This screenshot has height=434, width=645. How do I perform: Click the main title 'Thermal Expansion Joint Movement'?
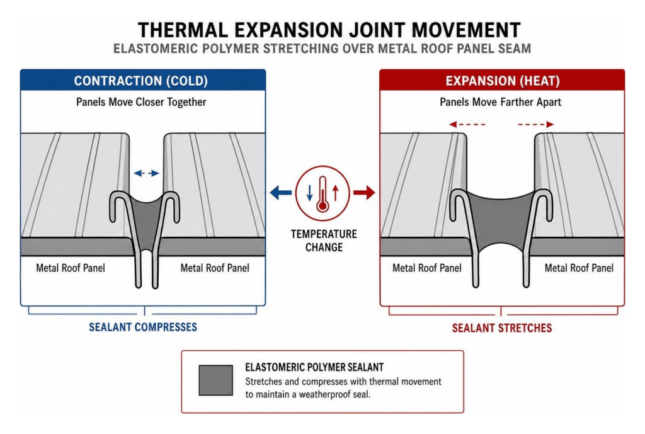point(329,30)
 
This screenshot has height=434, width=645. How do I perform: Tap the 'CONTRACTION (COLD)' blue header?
point(143,80)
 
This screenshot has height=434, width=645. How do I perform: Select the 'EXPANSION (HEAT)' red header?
point(502,80)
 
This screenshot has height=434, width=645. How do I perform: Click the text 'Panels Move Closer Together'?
point(141,102)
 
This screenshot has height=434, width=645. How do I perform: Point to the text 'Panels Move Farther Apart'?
point(500,102)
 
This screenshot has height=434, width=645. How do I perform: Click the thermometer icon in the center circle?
point(322,194)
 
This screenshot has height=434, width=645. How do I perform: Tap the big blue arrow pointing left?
point(281,192)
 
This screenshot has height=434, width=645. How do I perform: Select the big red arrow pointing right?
point(365,192)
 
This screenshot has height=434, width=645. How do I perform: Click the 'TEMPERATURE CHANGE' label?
point(324,241)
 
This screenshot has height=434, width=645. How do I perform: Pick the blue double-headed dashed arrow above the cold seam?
point(146,173)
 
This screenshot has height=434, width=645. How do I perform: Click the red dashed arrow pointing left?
point(467,124)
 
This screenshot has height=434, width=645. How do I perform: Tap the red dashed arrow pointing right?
point(535,124)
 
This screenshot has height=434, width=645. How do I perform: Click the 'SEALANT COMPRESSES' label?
point(143,327)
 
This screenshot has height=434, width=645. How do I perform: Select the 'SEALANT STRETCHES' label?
point(502,328)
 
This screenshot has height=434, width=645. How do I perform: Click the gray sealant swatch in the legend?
point(216,380)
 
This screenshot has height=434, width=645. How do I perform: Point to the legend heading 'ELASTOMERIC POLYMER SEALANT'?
point(314,367)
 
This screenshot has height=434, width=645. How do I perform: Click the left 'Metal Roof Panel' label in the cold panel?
point(71,268)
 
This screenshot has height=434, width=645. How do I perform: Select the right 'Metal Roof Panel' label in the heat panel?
point(579,268)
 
